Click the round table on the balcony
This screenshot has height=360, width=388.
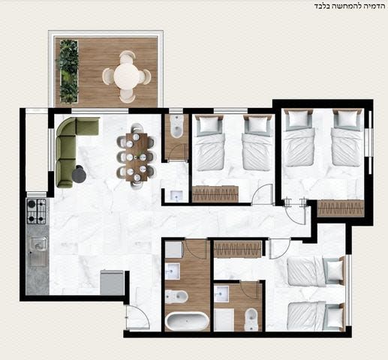tap(127, 76)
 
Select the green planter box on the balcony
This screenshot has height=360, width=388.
tap(68, 71)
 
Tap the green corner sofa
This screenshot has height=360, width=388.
tap(73, 148)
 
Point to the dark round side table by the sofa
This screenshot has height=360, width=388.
tap(80, 173)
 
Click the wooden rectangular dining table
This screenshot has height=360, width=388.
tap(137, 157)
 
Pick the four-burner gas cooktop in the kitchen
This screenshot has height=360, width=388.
tap(37, 211)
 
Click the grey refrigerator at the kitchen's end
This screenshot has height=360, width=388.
tap(112, 283)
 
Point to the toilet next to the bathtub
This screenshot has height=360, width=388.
tap(176, 297)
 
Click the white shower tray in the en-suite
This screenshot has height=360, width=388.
tap(224, 319)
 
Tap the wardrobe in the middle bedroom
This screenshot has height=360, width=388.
tap(215, 193)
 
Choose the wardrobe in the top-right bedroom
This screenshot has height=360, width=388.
tap(340, 208)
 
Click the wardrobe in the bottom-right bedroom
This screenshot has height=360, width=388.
tap(237, 249)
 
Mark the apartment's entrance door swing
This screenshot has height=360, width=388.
tap(137, 317)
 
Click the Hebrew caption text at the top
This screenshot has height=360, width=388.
tap(349, 6)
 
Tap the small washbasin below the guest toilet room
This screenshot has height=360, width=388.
tap(176, 195)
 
